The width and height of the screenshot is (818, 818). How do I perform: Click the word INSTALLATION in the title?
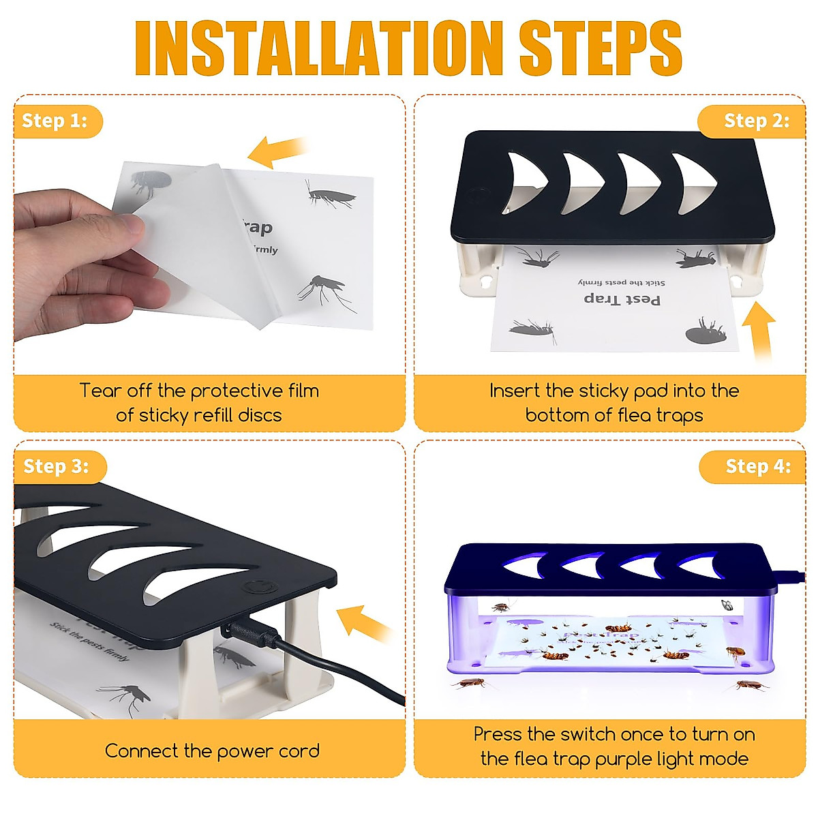[x=319, y=48]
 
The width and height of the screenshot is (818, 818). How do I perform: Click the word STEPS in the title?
[x=600, y=48]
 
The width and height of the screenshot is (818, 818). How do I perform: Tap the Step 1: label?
[x=55, y=121]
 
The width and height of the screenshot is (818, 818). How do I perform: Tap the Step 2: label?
[x=756, y=121]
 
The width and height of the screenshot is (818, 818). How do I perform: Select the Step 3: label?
[x=57, y=467]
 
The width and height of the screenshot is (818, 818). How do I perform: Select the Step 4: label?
[x=757, y=467]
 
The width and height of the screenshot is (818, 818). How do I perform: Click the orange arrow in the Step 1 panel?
[x=276, y=151]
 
